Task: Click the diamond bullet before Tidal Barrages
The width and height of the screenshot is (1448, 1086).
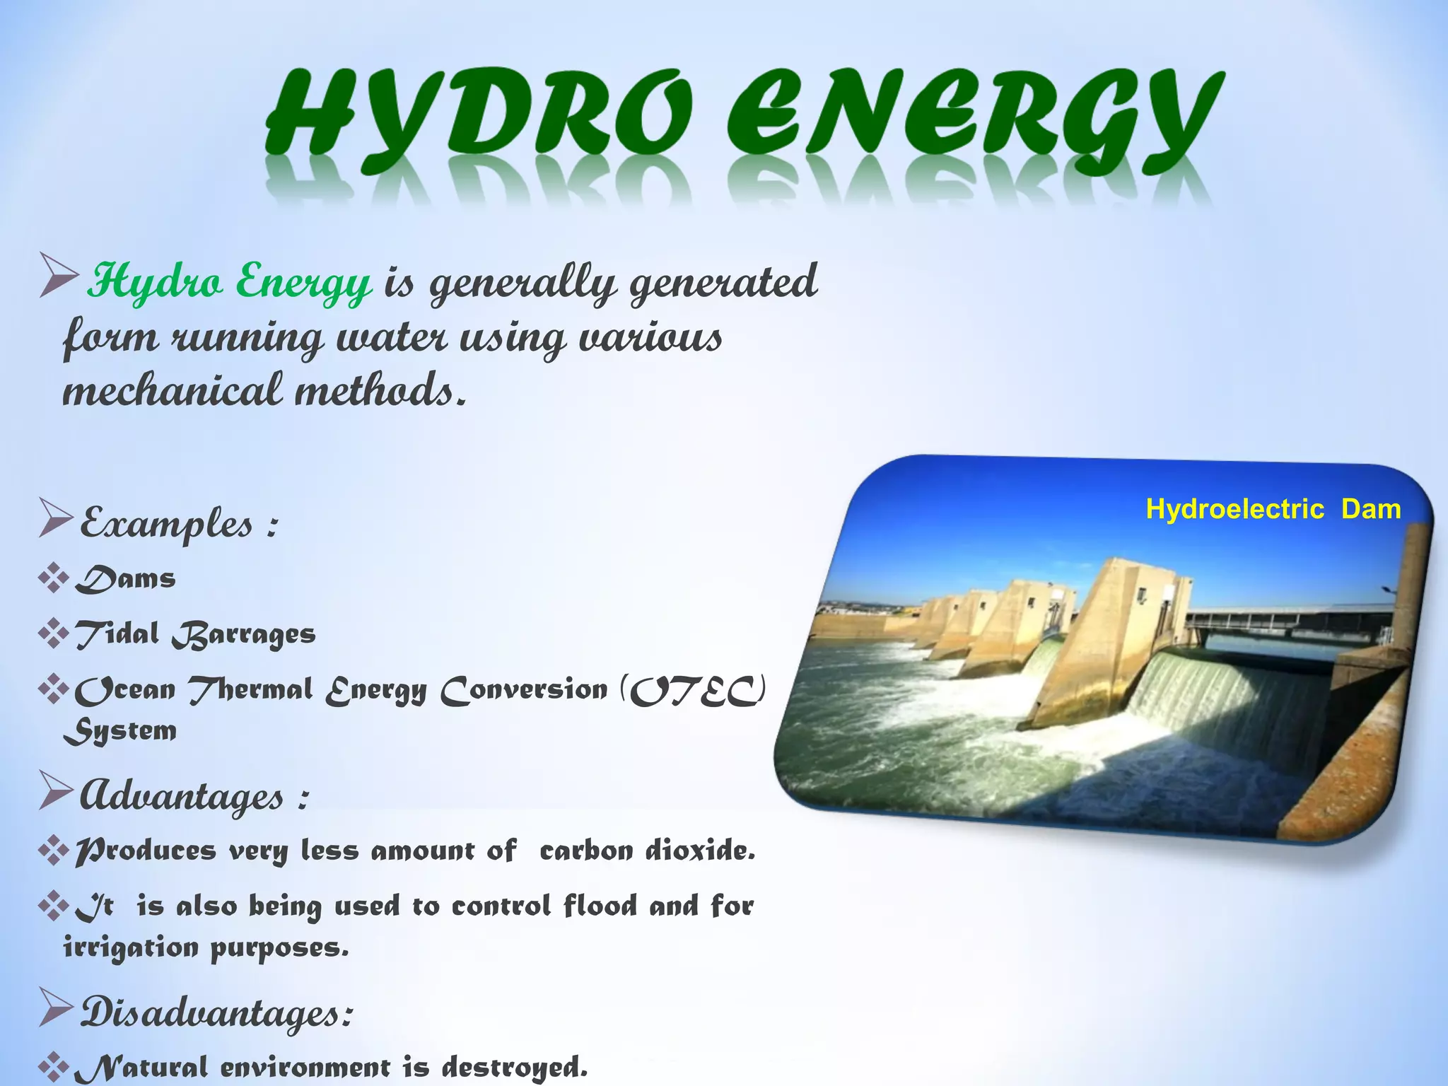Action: (53, 633)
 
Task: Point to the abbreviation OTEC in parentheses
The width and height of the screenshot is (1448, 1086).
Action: (695, 691)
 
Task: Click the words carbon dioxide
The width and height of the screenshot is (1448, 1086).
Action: (647, 851)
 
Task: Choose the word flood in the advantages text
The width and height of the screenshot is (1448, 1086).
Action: (600, 906)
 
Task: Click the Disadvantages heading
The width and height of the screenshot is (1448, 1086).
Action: (216, 1012)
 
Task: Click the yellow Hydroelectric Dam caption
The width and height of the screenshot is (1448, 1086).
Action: (1273, 509)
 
